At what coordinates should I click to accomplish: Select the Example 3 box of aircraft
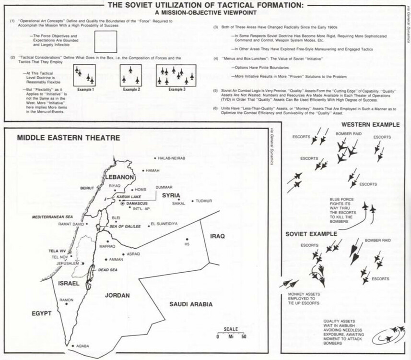(x=176, y=75)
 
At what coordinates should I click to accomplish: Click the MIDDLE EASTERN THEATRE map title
(x=69, y=138)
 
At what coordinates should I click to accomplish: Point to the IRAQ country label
(x=217, y=236)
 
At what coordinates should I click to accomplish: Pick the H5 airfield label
(x=187, y=244)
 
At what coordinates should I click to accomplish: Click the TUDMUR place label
(x=201, y=202)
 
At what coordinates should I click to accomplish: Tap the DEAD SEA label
(x=107, y=270)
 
